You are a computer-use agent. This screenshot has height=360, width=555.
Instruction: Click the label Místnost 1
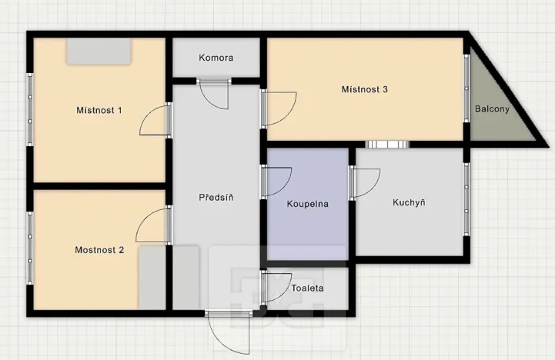coord(99,110)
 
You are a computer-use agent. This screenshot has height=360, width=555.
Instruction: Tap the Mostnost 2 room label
coord(99,249)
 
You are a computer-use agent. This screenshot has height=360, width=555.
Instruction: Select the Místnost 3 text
coord(364,89)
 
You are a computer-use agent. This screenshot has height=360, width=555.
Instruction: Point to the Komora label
coord(216,58)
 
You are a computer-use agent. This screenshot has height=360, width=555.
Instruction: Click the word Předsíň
coord(216,197)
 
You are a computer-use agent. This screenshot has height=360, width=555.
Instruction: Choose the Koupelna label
coord(308,204)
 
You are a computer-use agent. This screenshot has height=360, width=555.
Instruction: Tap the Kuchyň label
coord(409,202)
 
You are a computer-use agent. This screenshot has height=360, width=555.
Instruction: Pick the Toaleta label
coord(307,288)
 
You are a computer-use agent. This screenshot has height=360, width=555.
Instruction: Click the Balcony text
coord(492,109)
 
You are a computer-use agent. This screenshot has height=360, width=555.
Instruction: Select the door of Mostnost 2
coord(155,225)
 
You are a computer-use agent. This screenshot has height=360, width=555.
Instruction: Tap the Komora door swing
coord(213,94)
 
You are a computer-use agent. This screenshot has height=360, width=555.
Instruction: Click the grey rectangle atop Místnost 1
coord(99,51)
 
